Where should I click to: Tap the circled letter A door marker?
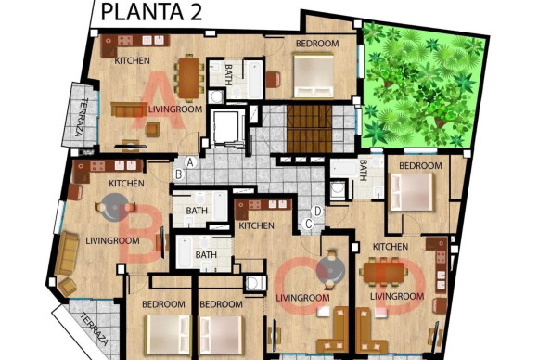(188, 161)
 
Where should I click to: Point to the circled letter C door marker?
(308, 223)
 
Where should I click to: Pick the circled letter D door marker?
(317, 211)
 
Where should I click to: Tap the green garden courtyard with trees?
(422, 84)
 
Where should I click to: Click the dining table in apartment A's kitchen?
(188, 76)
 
